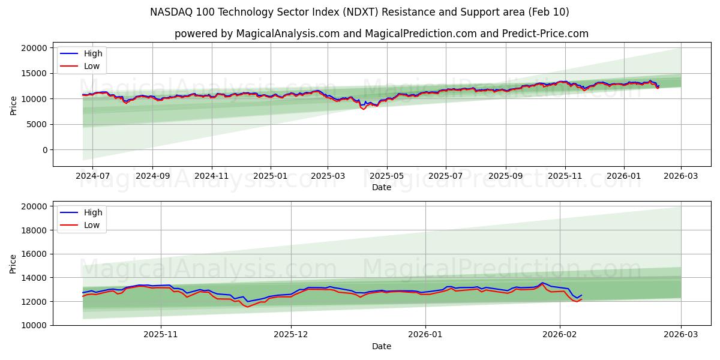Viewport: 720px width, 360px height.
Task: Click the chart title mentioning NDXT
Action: coord(359,12)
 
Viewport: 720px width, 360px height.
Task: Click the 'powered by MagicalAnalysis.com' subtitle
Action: coord(381,34)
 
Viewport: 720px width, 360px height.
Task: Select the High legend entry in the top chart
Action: coord(93,53)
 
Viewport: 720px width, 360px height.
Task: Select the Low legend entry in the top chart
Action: coord(92,67)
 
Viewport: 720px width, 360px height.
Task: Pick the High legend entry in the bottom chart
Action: coord(93,212)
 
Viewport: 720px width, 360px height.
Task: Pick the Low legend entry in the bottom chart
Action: coord(92,225)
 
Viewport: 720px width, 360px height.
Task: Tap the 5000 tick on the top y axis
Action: coord(37,124)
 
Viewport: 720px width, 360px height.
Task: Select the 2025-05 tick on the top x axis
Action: coord(386,175)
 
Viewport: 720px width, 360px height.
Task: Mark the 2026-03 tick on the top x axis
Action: coord(680,175)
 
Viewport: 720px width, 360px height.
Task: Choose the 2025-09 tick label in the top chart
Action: coord(505,175)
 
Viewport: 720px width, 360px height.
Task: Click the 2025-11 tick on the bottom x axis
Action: coord(161,334)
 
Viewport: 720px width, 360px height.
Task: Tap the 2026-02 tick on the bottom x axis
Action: coord(559,334)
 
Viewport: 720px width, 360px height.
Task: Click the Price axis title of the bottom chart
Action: coord(13,263)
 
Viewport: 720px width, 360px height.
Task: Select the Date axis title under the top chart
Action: coord(381,187)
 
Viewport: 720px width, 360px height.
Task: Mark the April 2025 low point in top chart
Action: coord(363,109)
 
